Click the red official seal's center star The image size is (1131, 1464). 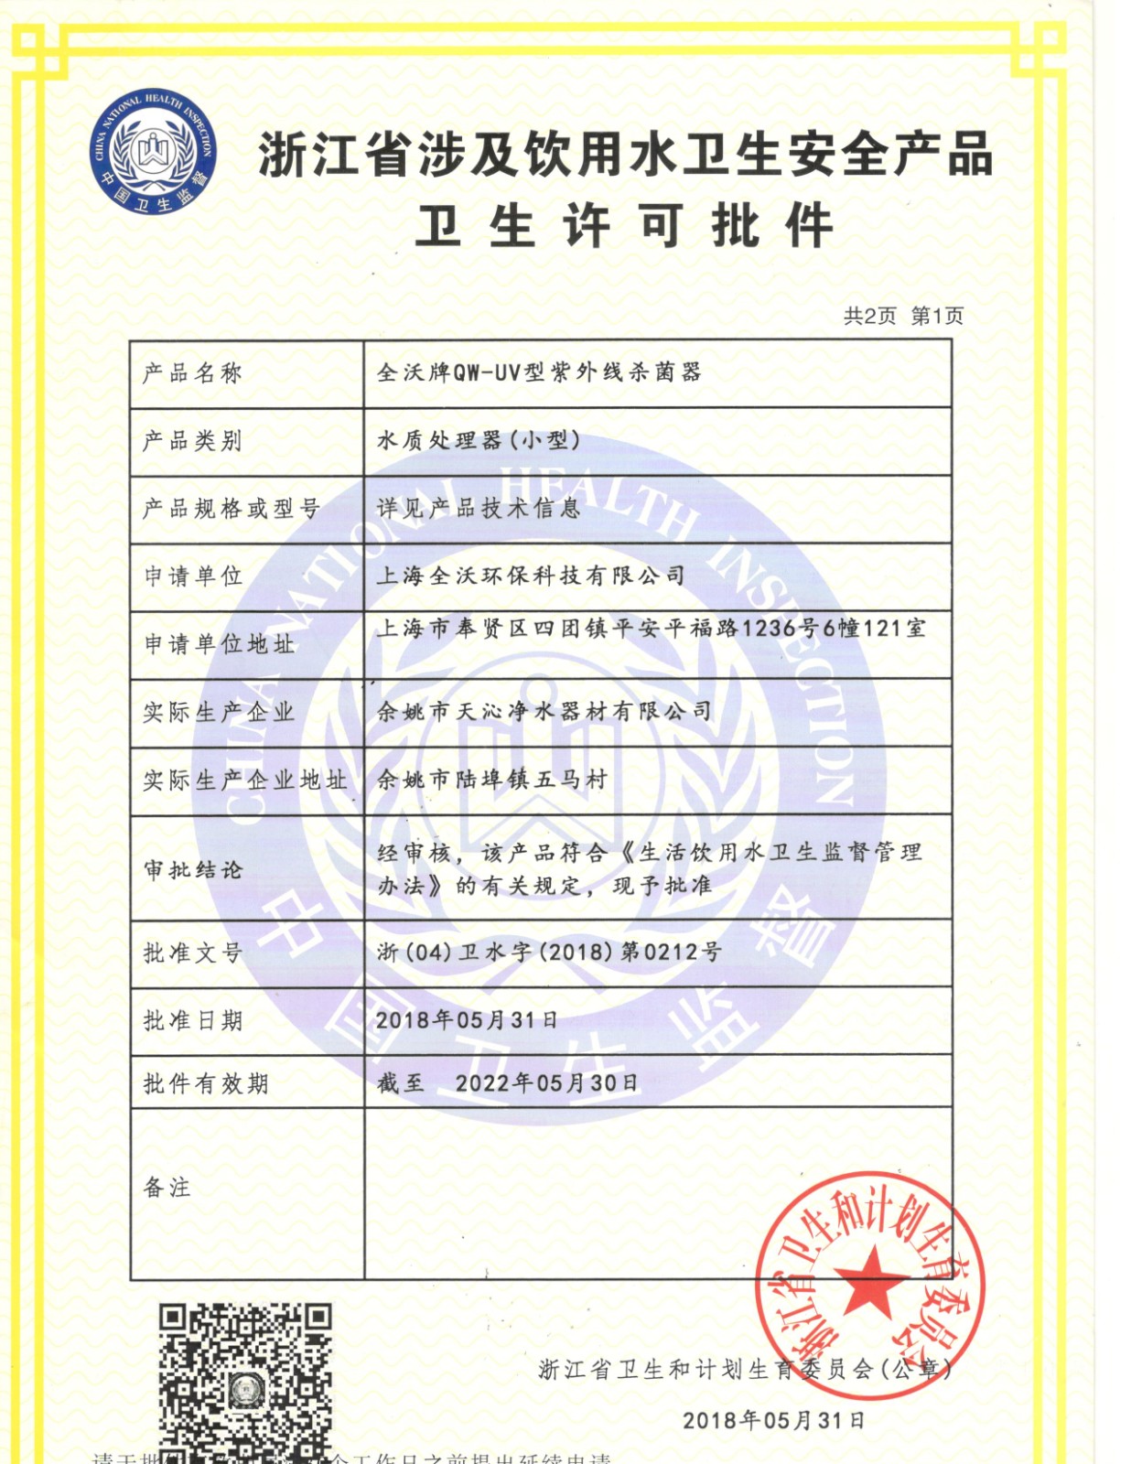[x=870, y=1281]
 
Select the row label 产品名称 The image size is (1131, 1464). [x=192, y=373]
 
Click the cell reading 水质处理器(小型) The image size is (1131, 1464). [x=479, y=441]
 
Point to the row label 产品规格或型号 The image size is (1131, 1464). [x=231, y=509]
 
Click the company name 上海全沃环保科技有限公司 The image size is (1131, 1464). [x=531, y=576]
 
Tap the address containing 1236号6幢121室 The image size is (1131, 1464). [x=651, y=629]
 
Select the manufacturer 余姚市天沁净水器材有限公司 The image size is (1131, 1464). [x=544, y=711]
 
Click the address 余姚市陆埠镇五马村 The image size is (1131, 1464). [x=492, y=780]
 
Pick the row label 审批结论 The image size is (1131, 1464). [x=192, y=869]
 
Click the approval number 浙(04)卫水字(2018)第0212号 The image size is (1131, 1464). [x=549, y=953]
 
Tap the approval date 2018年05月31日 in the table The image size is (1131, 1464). [x=467, y=1020]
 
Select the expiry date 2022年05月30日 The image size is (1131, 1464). [x=546, y=1083]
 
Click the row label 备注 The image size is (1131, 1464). [x=167, y=1188]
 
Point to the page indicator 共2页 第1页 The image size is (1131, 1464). [x=903, y=317]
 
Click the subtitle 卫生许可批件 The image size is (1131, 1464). [x=624, y=226]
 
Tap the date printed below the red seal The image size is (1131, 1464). [x=773, y=1420]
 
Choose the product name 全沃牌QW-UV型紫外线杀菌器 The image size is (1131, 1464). [x=539, y=372]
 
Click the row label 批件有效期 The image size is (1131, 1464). [x=205, y=1084]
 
